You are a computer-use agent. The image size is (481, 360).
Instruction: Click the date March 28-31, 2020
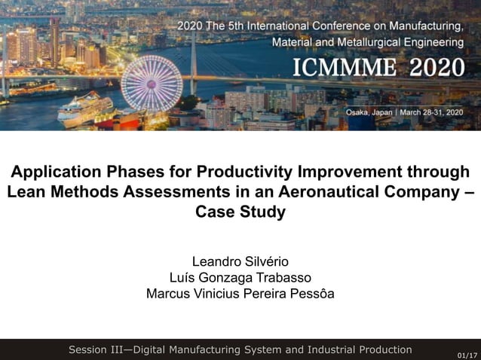pos(432,112)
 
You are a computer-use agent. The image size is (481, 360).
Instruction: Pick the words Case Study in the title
pos(240,212)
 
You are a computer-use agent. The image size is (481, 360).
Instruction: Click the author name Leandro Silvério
pos(240,262)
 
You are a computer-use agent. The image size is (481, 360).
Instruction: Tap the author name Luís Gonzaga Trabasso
pos(240,278)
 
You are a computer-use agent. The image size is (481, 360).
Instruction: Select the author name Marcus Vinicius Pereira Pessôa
pos(240,294)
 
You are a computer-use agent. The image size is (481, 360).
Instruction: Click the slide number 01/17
pos(467,354)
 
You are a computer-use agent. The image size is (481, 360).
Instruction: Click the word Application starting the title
pos(53,172)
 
